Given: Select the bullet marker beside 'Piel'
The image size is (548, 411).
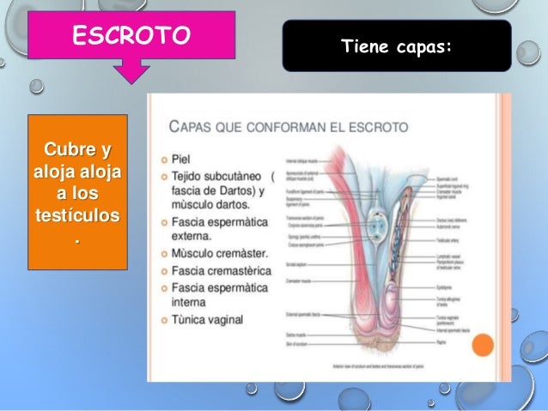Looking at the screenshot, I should [x=163, y=160].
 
